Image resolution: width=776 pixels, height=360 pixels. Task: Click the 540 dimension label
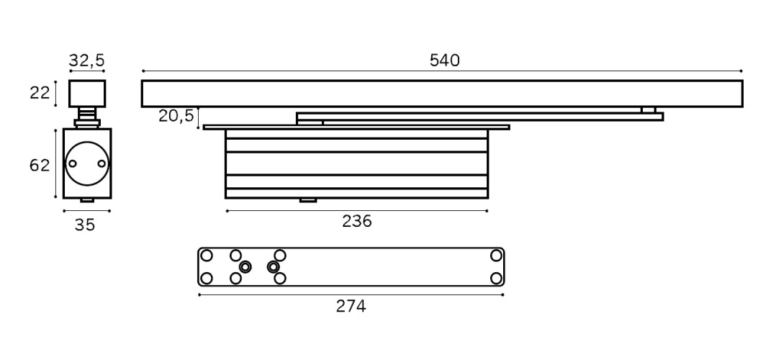point(444,60)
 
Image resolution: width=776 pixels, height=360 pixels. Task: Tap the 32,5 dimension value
point(86,60)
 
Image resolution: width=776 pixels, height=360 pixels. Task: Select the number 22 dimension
point(40,93)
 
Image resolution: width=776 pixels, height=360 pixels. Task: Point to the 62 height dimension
point(40,166)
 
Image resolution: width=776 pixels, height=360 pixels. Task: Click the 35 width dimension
point(85,225)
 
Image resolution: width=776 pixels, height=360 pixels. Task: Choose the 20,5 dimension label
point(176,116)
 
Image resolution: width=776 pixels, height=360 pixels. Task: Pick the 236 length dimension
point(357,221)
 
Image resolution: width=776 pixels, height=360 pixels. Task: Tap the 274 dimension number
point(351,307)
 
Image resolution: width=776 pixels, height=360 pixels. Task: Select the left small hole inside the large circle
point(73,163)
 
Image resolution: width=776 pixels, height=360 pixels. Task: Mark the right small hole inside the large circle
point(101,163)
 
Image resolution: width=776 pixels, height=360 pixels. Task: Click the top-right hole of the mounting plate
point(496,256)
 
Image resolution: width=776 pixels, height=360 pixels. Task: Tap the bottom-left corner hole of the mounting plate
point(207,279)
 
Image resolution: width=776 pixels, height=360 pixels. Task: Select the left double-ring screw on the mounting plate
point(245,267)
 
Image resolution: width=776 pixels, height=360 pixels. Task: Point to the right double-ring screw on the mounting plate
point(273,267)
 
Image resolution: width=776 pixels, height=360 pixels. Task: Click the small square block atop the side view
point(87,93)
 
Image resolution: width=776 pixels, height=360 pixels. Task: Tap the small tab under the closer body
point(308,200)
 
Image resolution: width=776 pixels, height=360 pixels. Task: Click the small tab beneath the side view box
point(87,200)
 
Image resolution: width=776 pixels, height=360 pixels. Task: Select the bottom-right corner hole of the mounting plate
point(496,279)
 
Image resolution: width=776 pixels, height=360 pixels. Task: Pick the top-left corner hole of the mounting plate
point(207,256)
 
